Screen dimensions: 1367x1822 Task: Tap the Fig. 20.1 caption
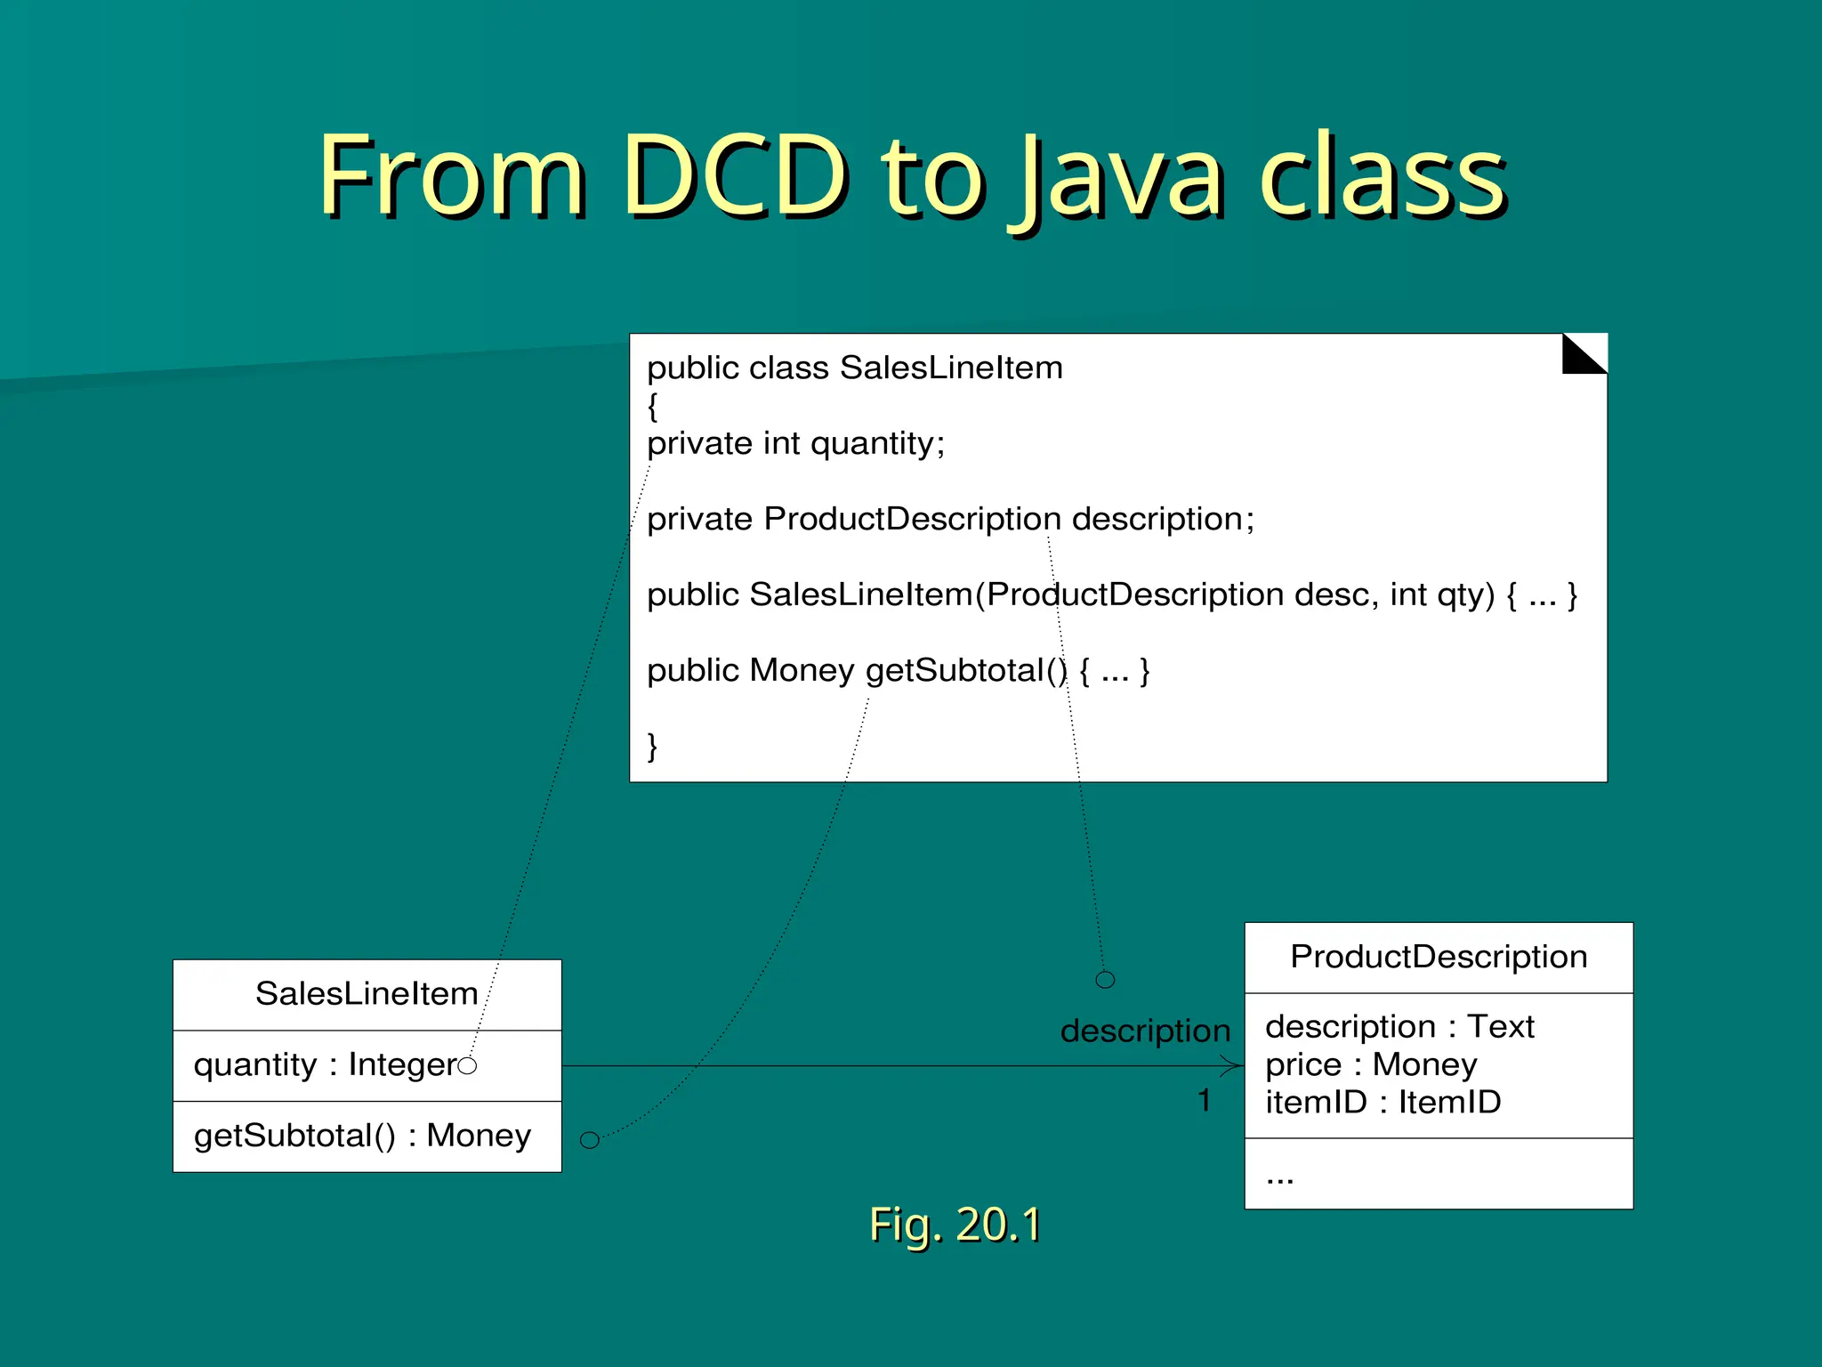coord(955,1224)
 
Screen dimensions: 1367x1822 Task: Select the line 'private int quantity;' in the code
coord(795,443)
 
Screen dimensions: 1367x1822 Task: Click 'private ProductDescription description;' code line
coord(950,519)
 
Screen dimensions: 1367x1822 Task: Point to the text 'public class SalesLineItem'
coord(854,368)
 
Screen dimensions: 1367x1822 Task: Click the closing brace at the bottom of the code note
coord(652,745)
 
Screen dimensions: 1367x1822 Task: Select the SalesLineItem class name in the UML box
coord(367,993)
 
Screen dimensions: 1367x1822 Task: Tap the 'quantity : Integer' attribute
coord(325,1064)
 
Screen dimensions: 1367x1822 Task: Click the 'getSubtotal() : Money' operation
coord(362,1136)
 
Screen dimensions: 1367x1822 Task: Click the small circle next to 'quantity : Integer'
coord(467,1065)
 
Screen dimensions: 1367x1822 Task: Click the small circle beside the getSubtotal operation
coord(589,1140)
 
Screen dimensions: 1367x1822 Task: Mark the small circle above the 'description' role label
coord(1105,980)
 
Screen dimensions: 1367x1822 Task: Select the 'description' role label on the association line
coord(1145,1031)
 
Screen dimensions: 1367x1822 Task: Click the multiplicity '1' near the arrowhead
coord(1204,1101)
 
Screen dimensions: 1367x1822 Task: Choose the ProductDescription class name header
coord(1439,957)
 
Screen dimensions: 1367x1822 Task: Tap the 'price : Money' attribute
coord(1370,1064)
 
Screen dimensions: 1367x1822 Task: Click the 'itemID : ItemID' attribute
coord(1383,1103)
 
